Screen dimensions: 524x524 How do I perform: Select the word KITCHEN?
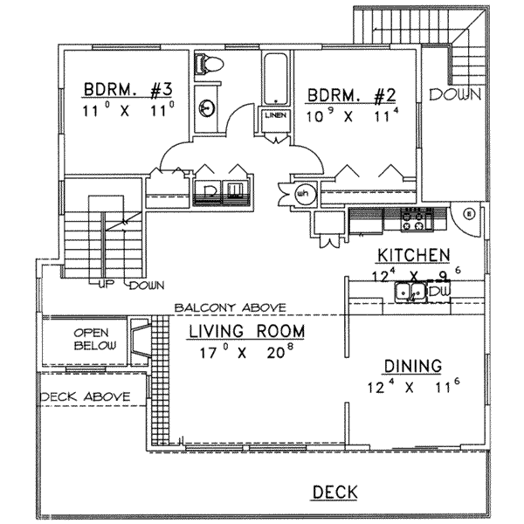[413, 255]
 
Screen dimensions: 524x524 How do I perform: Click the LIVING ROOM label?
[247, 331]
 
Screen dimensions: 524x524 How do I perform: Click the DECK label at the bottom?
[334, 493]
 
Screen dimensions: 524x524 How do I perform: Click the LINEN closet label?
[273, 115]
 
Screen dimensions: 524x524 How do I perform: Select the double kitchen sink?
[410, 293]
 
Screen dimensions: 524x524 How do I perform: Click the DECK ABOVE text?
[85, 396]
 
